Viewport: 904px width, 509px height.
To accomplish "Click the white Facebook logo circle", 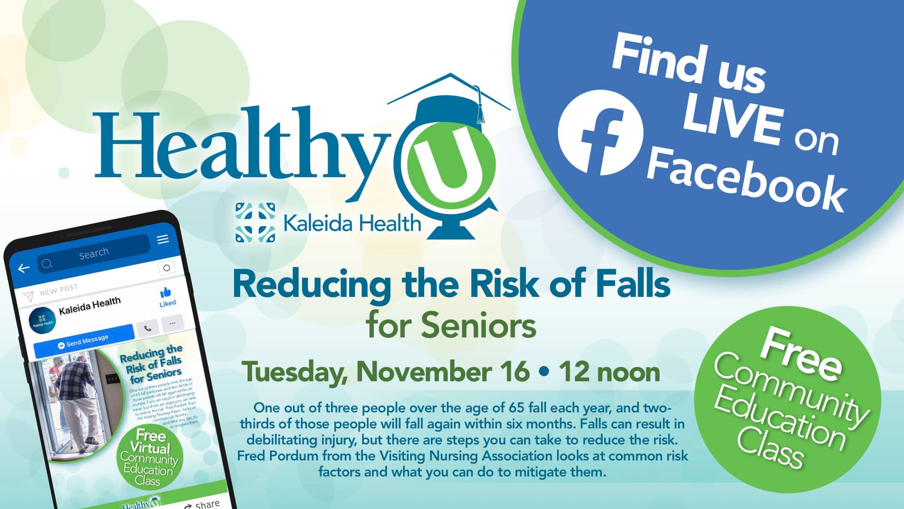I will (600, 132).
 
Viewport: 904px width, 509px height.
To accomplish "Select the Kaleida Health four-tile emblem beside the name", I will (255, 222).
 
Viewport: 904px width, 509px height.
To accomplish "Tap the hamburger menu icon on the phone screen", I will (163, 239).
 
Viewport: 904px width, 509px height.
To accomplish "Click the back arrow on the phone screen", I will (24, 268).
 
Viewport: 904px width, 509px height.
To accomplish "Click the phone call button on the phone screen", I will (147, 328).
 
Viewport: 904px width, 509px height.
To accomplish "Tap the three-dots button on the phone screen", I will (172, 323).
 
